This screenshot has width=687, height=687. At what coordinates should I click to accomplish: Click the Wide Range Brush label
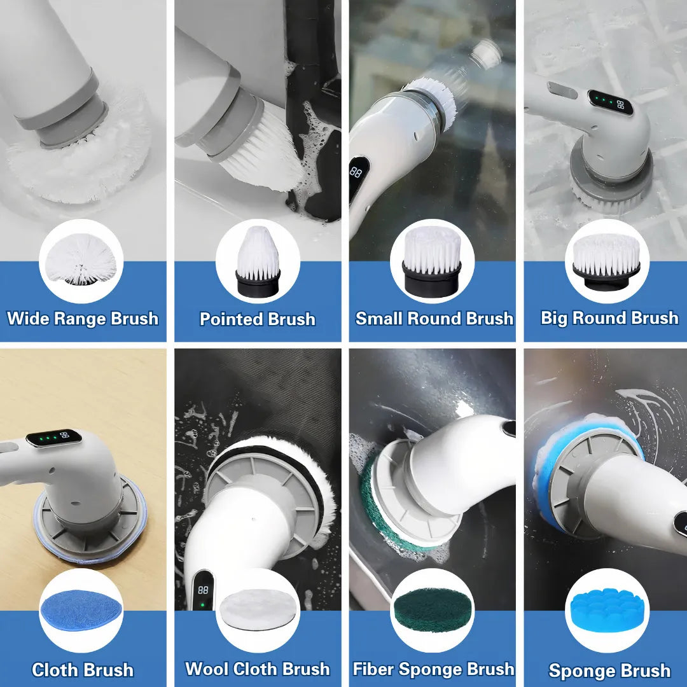point(83,318)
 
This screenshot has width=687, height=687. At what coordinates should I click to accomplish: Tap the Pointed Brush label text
point(258,319)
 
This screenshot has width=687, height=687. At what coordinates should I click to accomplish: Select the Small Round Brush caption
point(434,318)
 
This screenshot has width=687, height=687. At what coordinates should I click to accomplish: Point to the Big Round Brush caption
point(609,317)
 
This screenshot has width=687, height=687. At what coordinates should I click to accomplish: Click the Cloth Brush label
point(83,670)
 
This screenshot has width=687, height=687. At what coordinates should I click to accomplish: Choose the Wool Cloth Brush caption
point(258,669)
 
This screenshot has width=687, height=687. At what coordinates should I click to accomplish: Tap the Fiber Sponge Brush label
point(434,669)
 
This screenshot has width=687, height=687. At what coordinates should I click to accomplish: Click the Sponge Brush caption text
point(609,670)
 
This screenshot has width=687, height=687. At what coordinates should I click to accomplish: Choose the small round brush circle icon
point(433,261)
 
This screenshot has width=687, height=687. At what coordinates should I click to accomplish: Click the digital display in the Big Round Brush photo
point(611,101)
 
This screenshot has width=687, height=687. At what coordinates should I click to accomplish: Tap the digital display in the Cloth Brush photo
point(54,438)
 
